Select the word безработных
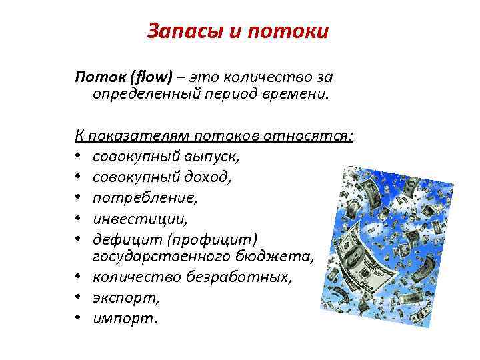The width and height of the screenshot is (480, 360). click(243, 277)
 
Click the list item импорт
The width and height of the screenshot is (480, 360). click(123, 318)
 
